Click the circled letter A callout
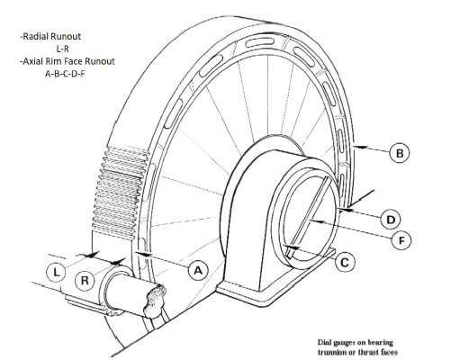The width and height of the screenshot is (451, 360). [x=198, y=270]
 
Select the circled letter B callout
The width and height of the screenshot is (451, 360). [x=400, y=153]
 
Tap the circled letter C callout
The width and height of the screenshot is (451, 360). [x=345, y=263]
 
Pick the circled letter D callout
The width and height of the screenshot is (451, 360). [x=391, y=220]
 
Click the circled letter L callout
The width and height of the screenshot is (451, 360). [x=56, y=273]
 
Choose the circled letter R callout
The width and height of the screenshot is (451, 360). [x=85, y=281]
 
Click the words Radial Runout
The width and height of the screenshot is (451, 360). [x=50, y=37]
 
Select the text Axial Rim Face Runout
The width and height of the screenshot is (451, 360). [x=68, y=61]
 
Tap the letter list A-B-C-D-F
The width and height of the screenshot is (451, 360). [x=65, y=74]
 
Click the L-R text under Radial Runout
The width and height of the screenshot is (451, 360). [x=63, y=49]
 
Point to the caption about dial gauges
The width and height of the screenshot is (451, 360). [x=357, y=347]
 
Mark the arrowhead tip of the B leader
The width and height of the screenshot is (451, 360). [x=354, y=147]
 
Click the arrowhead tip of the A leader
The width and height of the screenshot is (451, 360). [x=136, y=254]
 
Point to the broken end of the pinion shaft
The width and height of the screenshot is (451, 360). [x=155, y=301]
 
